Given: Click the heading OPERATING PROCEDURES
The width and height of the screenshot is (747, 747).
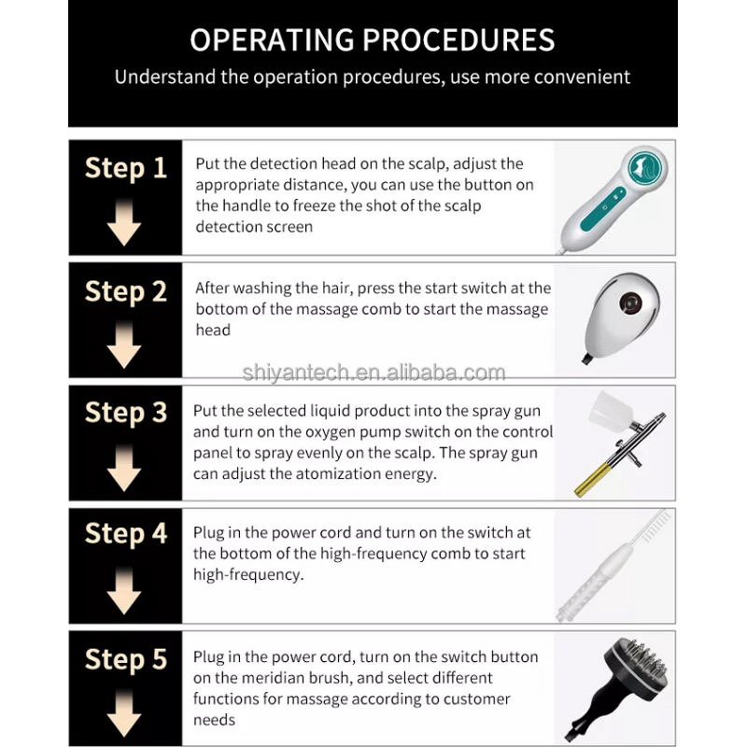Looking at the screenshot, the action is [x=372, y=39].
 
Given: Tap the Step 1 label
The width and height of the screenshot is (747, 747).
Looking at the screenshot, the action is [x=126, y=168].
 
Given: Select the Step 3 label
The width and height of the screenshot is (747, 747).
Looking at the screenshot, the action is [x=126, y=413].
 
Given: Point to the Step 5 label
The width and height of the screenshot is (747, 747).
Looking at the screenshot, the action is [x=126, y=659].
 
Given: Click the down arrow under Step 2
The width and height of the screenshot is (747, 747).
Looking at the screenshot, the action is [x=124, y=345].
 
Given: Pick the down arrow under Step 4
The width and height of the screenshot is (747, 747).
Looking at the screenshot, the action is [x=124, y=591].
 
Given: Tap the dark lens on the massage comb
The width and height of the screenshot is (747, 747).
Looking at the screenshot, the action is [x=630, y=303].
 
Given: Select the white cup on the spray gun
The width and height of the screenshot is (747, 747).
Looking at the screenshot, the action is [x=611, y=412].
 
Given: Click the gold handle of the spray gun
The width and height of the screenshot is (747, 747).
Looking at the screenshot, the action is [x=591, y=480].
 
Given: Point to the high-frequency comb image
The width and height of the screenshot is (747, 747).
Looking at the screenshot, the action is [x=613, y=566].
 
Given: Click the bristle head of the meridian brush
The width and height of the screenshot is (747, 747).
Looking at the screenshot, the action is [x=638, y=666].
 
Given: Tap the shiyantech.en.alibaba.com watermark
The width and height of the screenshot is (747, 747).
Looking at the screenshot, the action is [x=373, y=373].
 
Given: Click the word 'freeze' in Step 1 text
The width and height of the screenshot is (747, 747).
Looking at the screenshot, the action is [x=314, y=205].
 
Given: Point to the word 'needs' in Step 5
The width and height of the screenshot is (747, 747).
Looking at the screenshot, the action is [x=214, y=720].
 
